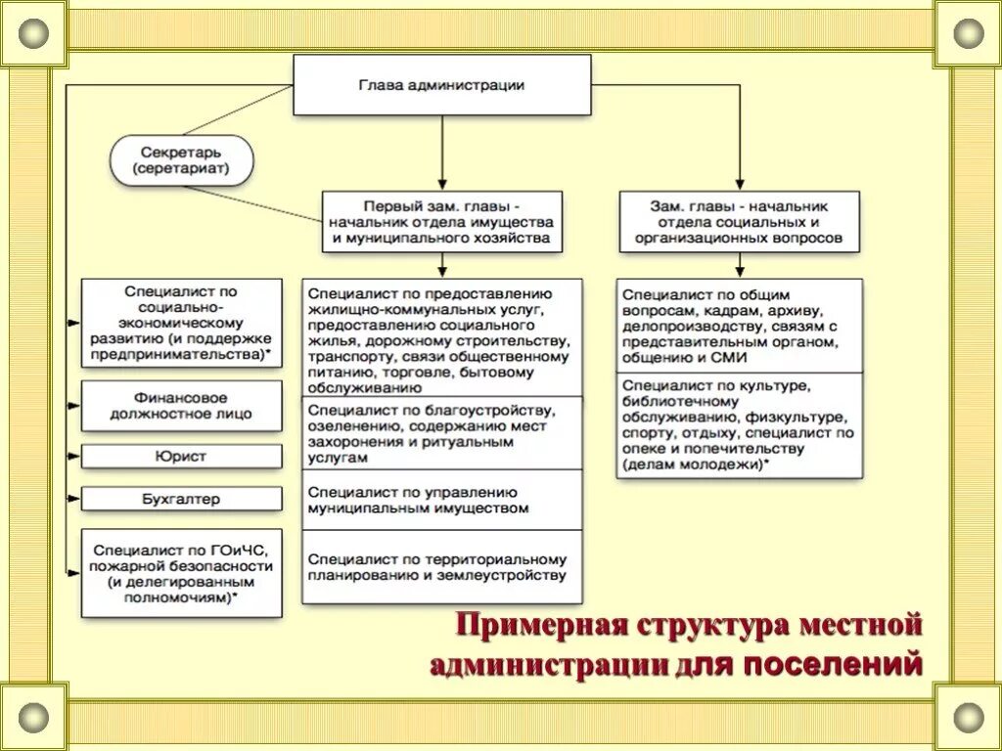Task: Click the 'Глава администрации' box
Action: point(442,85)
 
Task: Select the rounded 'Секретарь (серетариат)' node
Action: point(182,161)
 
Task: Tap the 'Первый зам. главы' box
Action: point(442,222)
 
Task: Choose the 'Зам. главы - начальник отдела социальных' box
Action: point(739,222)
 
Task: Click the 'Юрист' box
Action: point(181,457)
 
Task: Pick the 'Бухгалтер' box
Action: point(181,499)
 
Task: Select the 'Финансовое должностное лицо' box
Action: point(181,406)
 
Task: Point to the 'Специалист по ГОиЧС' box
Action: point(181,573)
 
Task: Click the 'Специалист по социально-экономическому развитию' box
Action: point(181,324)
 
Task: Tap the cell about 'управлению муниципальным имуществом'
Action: point(441,501)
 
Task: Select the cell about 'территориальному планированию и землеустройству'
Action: point(441,567)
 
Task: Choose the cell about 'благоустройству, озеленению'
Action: point(441,434)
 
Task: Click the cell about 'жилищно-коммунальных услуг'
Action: point(441,338)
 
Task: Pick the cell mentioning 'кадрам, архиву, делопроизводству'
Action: point(739,326)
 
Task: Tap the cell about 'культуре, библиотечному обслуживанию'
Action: point(739,425)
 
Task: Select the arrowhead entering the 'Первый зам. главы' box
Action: point(442,184)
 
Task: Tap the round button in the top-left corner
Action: point(33,33)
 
